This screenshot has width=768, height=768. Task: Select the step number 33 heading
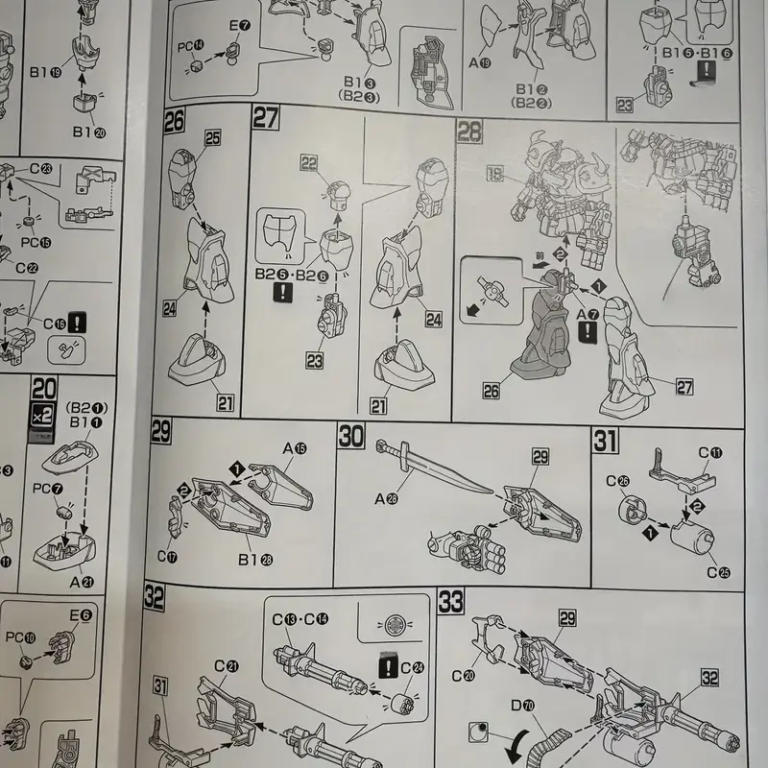[450, 603]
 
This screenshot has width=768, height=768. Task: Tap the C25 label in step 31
[718, 572]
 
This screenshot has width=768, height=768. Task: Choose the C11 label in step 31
[709, 453]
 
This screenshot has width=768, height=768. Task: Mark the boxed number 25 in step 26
[211, 139]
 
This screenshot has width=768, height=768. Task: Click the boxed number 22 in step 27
[309, 164]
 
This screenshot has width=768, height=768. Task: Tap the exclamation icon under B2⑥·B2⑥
[285, 293]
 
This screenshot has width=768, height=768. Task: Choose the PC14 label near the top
[191, 45]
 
